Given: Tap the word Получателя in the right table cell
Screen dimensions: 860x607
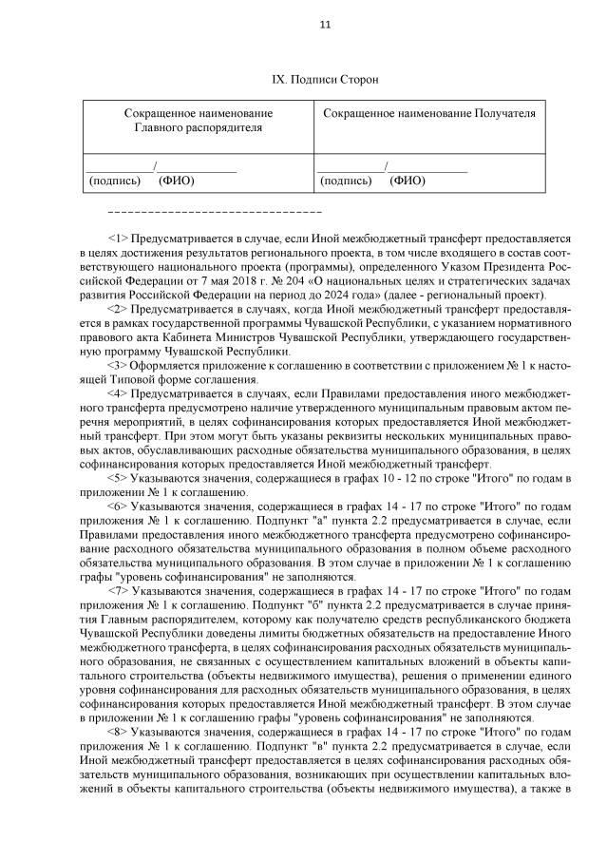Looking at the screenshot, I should pyautogui.click(x=504, y=113).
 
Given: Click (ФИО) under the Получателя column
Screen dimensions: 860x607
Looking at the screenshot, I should pyautogui.click(x=408, y=180).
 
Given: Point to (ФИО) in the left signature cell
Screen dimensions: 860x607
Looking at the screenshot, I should pyautogui.click(x=175, y=180).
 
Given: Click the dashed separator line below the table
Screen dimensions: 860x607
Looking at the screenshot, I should pyautogui.click(x=216, y=209).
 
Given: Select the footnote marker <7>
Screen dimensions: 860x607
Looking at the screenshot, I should pyautogui.click(x=119, y=589).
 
